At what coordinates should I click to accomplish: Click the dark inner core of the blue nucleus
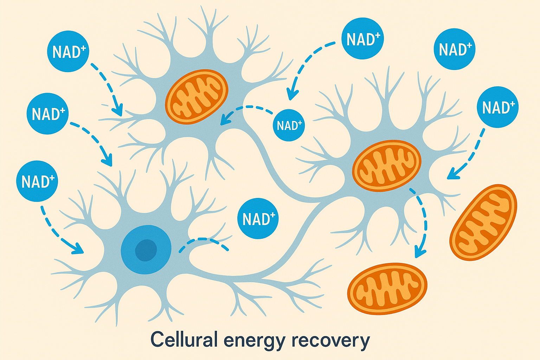click(146, 249)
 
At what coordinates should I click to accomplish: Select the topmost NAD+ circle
click(363, 39)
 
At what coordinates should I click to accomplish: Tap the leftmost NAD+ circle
click(37, 181)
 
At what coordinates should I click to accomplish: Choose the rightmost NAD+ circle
click(498, 107)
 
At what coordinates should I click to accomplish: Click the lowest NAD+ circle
click(258, 219)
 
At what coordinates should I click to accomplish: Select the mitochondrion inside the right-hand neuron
click(387, 166)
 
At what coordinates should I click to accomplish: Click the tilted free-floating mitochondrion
click(483, 222)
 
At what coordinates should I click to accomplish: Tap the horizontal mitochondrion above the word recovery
click(387, 288)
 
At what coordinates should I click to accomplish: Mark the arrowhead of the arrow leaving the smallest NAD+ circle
click(223, 121)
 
